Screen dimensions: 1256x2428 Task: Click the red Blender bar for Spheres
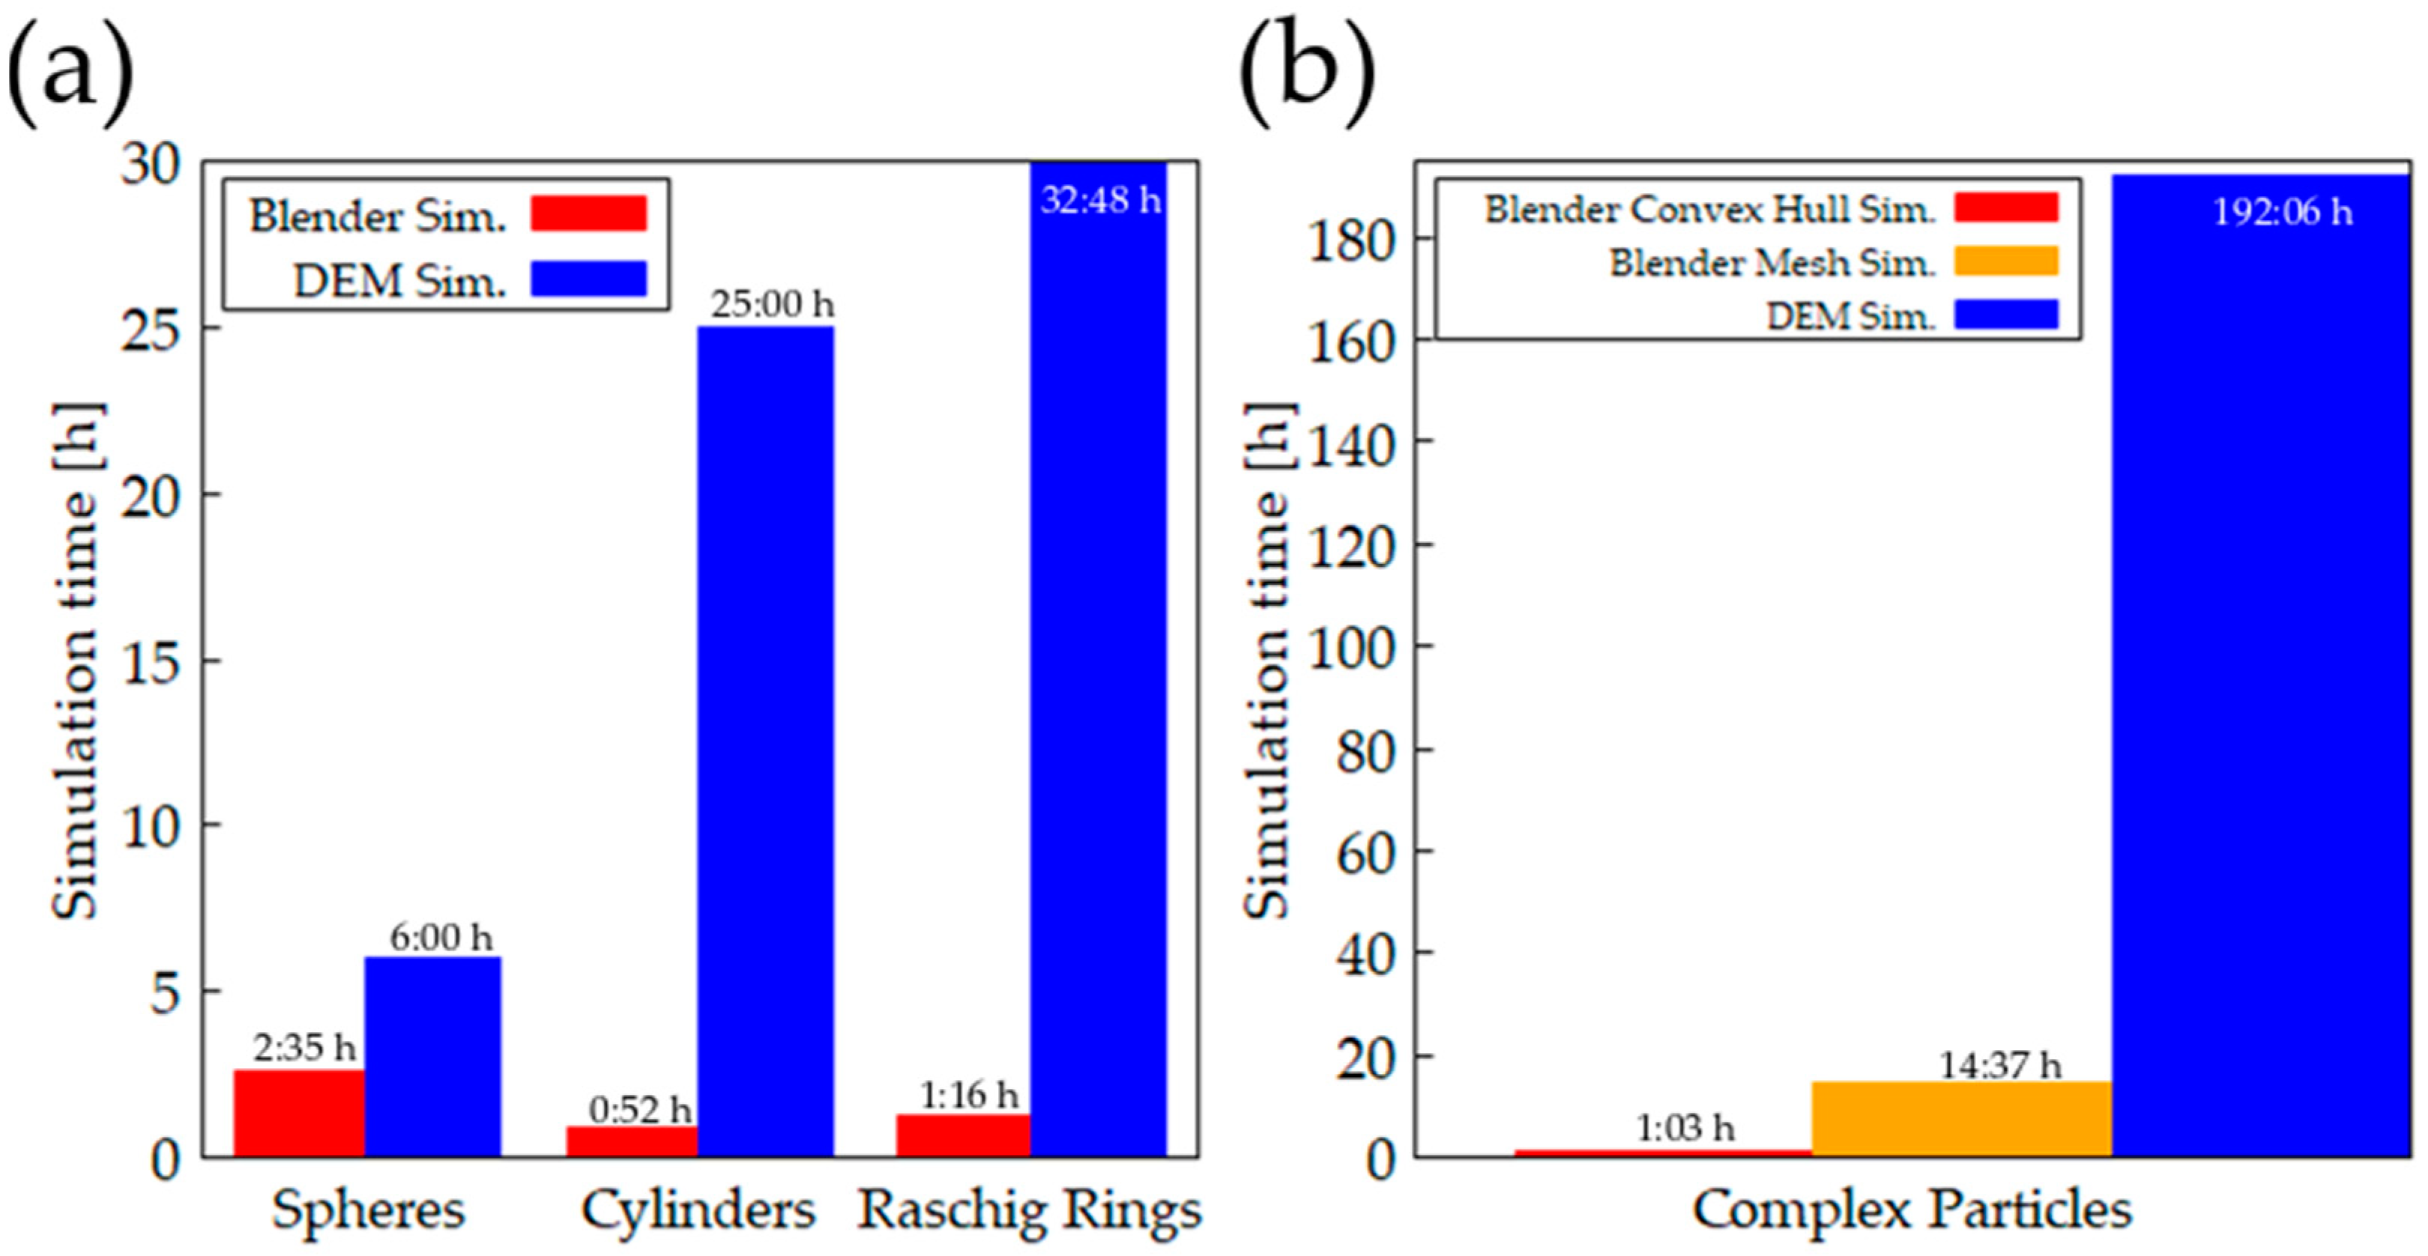click(x=299, y=1113)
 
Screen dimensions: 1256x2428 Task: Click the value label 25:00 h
click(x=772, y=304)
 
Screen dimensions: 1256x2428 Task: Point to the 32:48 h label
click(x=1100, y=201)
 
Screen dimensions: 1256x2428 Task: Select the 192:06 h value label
click(x=2282, y=212)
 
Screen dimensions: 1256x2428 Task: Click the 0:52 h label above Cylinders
click(x=640, y=1110)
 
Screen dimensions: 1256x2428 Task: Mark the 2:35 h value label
click(x=303, y=1047)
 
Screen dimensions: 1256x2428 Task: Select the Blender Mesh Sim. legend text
click(x=1772, y=262)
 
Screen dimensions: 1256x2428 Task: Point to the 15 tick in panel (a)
click(x=151, y=661)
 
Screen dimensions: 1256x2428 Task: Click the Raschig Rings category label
click(x=1029, y=1210)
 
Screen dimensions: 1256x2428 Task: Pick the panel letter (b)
click(x=1305, y=70)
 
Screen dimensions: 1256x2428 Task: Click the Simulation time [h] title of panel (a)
click(x=76, y=660)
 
